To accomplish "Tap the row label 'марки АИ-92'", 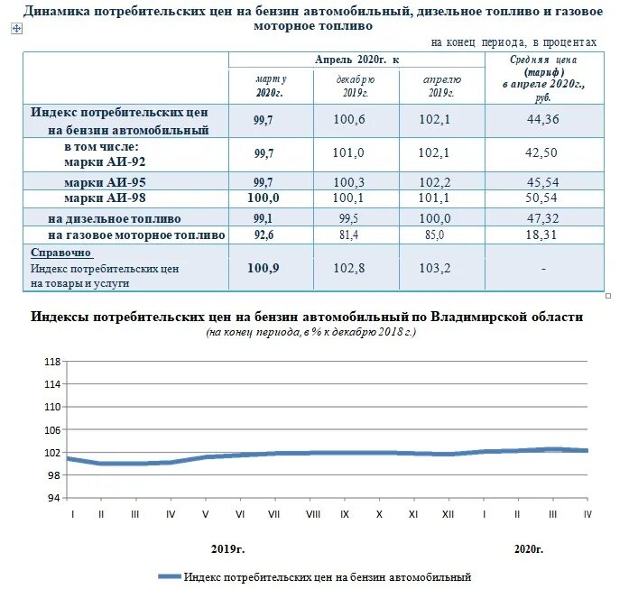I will coord(105,161).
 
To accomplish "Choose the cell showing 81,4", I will coord(353,235).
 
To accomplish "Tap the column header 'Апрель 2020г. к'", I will coord(356,60).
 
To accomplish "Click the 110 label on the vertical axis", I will coord(51,407).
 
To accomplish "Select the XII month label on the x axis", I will coord(447,513).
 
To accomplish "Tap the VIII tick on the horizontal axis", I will coord(312,513).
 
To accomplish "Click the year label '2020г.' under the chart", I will coord(530,548).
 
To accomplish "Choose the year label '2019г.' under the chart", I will coord(227,548).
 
